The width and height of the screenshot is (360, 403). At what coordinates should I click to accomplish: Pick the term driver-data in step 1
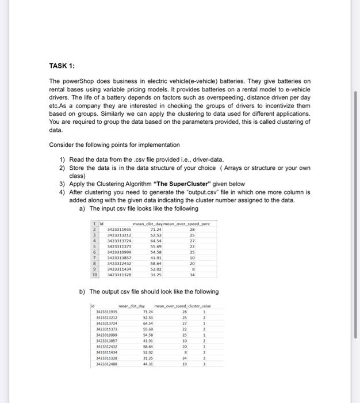209,159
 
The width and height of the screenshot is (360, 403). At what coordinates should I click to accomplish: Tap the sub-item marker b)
82,291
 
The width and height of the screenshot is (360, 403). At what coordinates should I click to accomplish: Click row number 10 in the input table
94,275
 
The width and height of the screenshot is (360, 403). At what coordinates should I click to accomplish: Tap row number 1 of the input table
94,223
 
